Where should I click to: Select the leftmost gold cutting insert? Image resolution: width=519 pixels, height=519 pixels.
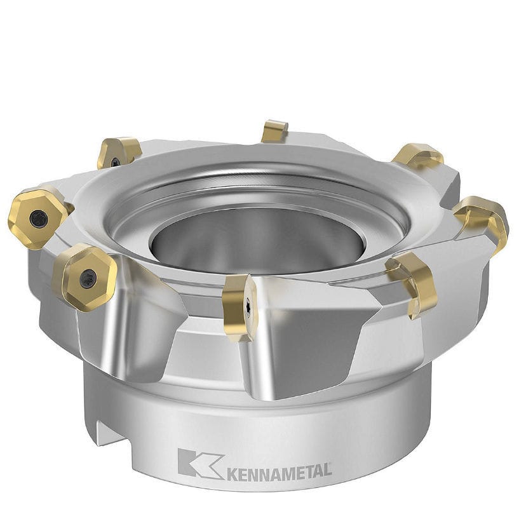[x=36, y=217]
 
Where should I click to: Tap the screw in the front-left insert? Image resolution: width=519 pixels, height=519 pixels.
[x=87, y=278]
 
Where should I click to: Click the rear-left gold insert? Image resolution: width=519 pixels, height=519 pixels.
[x=119, y=152]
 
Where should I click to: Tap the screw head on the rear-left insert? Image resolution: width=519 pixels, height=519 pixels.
[x=116, y=161]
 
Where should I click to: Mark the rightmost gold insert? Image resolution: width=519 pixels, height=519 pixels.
[x=483, y=219]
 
